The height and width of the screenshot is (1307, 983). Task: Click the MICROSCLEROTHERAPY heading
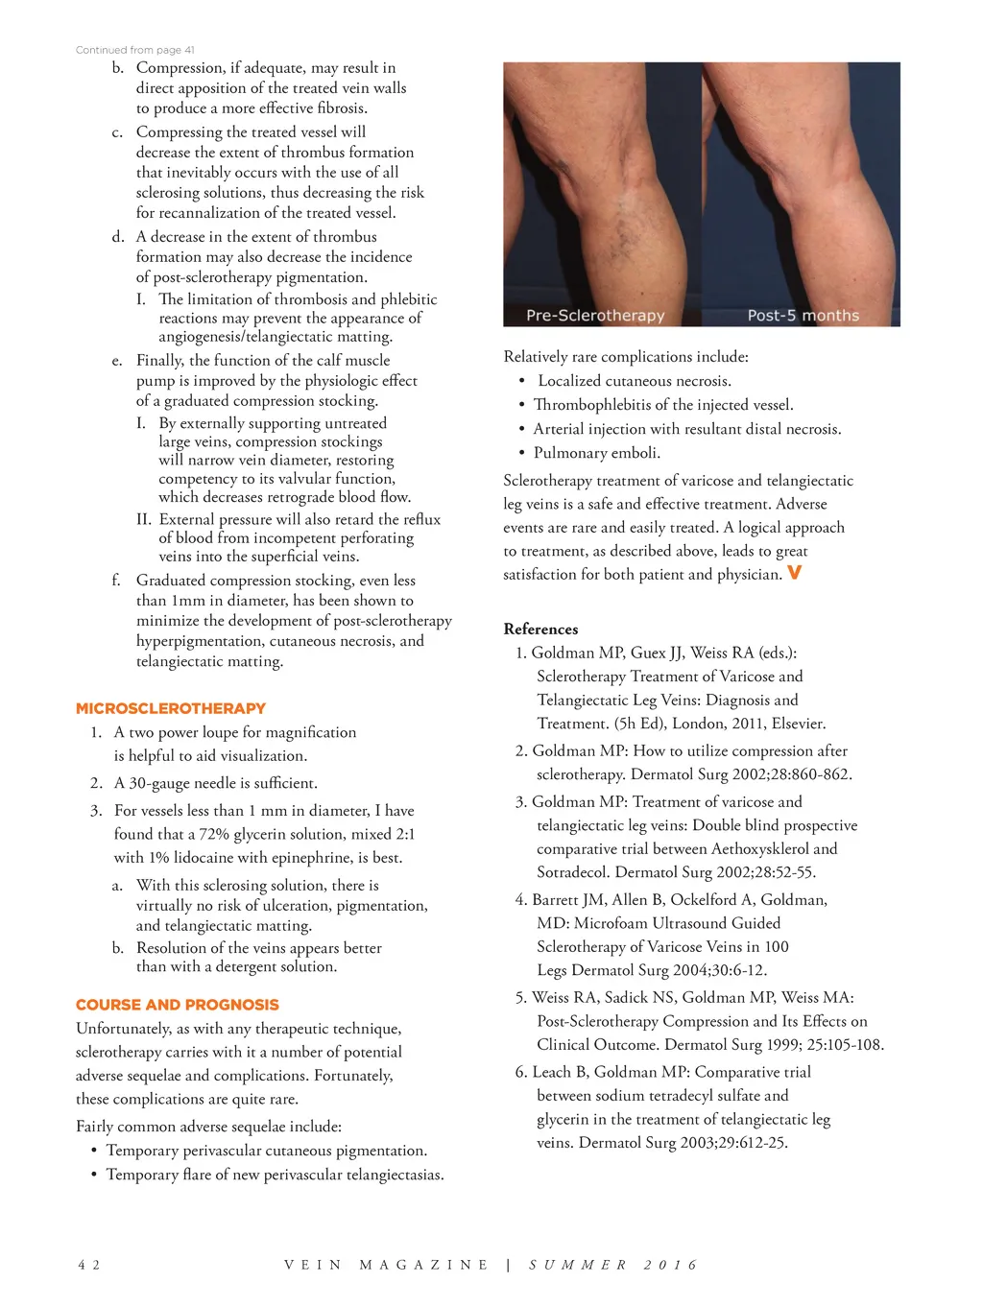coord(170,708)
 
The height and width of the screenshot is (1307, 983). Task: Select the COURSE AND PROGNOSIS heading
coord(177,1005)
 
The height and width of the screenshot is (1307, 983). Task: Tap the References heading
coord(540,629)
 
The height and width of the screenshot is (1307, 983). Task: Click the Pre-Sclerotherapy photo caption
coord(594,316)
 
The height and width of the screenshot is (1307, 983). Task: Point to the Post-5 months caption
coord(803,316)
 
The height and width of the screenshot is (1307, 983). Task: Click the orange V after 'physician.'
coord(794,573)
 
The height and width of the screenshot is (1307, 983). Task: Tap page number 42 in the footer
coord(88,1265)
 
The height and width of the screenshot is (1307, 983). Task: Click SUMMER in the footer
coord(578,1265)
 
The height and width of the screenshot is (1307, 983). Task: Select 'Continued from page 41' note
coord(134,50)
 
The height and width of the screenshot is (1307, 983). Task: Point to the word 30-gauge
coord(161,783)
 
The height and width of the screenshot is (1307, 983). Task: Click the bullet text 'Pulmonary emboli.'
coord(596,453)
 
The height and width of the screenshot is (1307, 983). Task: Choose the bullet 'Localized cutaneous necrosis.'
coord(634,381)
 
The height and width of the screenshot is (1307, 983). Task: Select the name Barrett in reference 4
coord(556,899)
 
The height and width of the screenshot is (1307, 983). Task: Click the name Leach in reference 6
coord(551,1072)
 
